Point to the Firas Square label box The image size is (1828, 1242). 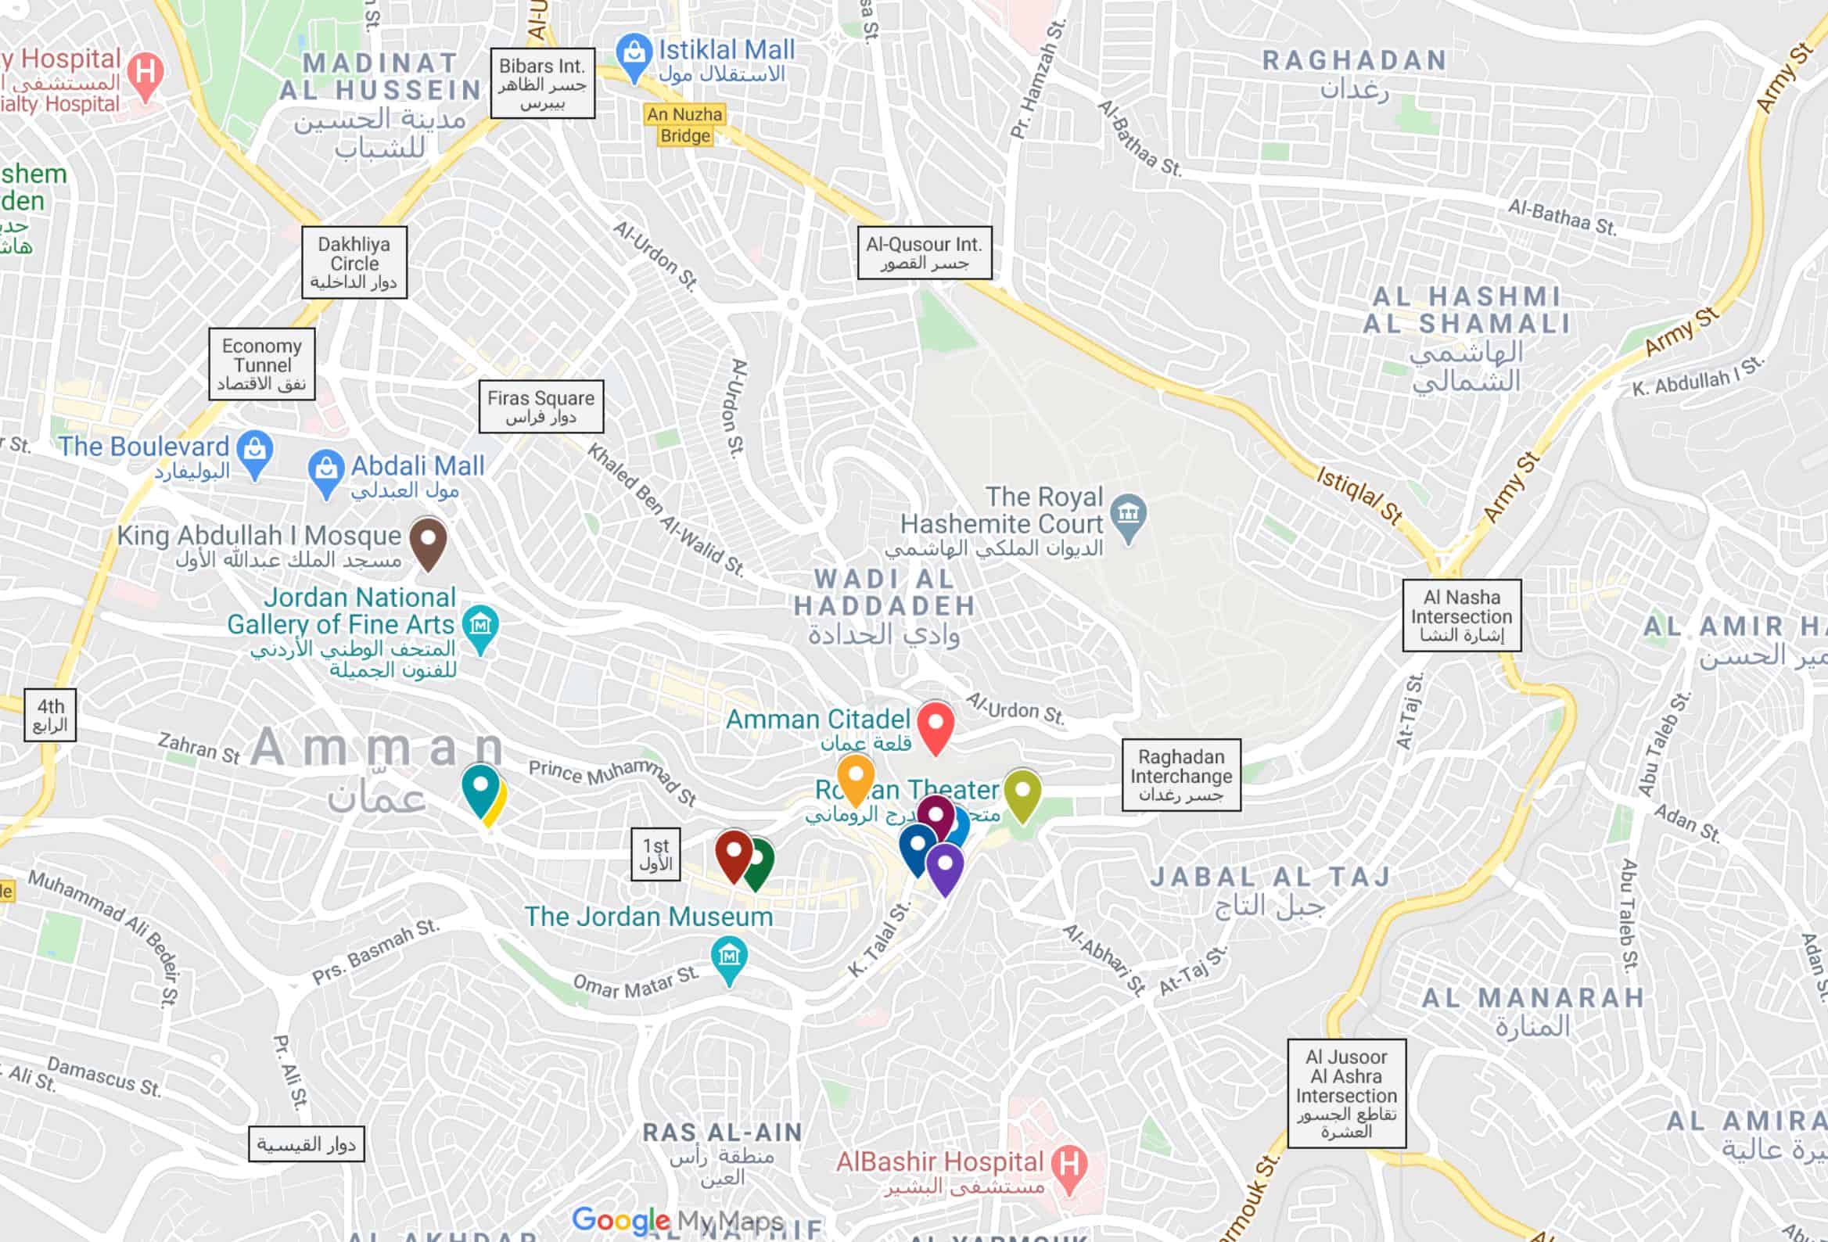coord(541,407)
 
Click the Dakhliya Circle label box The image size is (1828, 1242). coord(354,263)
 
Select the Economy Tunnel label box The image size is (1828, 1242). coord(262,364)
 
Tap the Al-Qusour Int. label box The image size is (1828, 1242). coord(925,253)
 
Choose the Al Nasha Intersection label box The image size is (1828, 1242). coord(1461,616)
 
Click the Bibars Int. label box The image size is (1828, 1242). coord(542,84)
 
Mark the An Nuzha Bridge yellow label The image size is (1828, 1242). coord(684,125)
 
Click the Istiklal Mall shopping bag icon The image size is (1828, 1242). coord(634,54)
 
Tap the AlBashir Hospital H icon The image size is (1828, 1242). coord(1069,1165)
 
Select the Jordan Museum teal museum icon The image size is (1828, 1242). coord(729,957)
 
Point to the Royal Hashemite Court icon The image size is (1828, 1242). coord(1128,515)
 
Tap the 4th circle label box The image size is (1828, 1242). coord(50,715)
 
